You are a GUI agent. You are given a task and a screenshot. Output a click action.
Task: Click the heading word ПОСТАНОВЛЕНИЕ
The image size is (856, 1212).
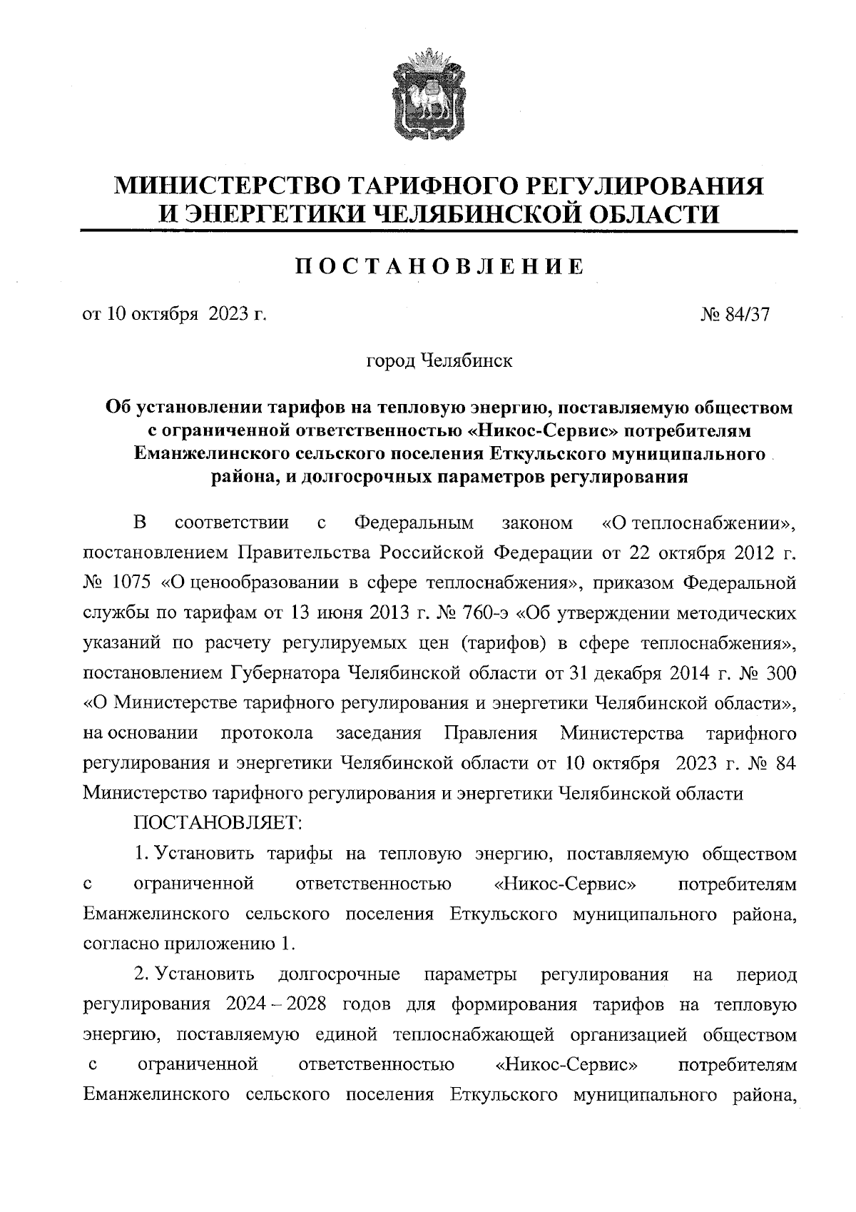[x=439, y=267]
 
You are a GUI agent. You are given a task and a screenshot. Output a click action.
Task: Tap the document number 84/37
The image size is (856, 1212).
[x=747, y=315]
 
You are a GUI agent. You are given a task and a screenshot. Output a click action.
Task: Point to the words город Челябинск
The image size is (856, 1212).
[x=439, y=361]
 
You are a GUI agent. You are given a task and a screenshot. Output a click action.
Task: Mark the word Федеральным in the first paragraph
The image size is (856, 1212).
[x=414, y=523]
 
